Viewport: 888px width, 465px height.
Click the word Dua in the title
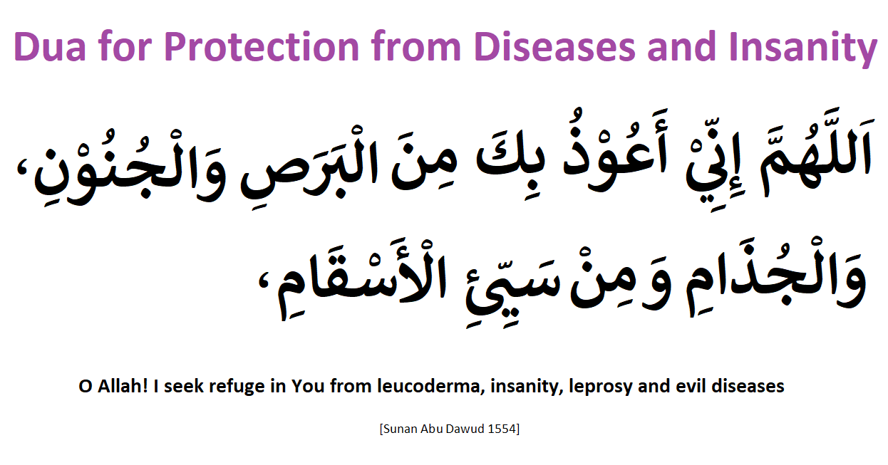click(50, 47)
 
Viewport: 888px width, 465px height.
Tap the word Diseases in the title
click(554, 47)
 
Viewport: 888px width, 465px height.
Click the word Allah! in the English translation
click(123, 386)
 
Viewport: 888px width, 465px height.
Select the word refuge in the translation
click(237, 387)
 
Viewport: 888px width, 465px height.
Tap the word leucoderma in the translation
click(431, 386)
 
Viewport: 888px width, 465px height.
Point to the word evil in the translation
click(691, 386)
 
